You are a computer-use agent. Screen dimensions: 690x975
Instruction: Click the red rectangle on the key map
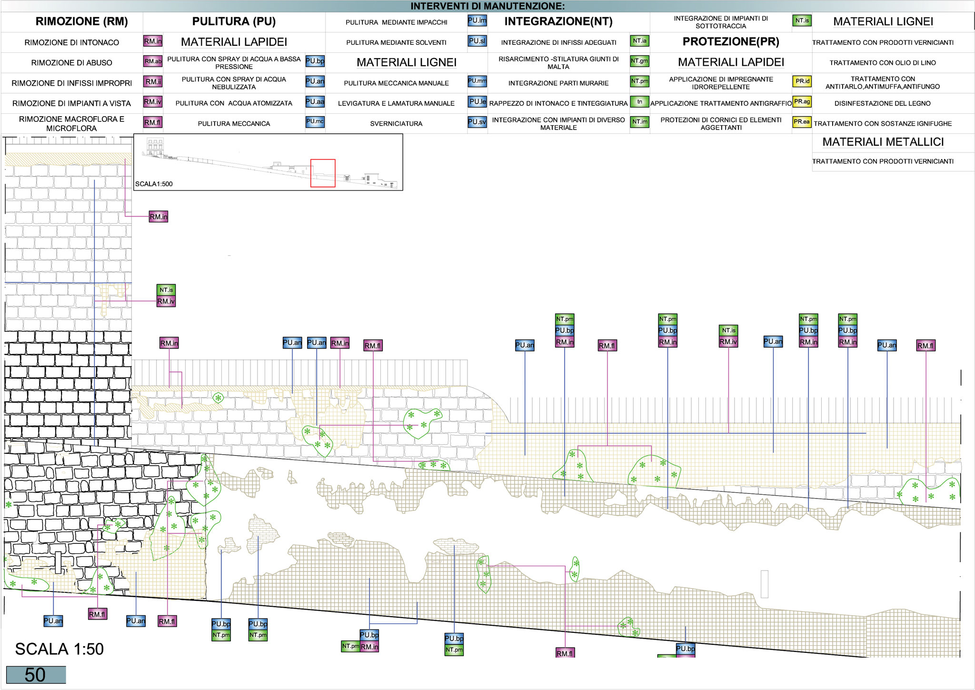coord(323,173)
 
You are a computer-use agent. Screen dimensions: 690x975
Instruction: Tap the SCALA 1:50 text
coord(60,649)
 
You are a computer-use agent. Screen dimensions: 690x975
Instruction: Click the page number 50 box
coord(36,675)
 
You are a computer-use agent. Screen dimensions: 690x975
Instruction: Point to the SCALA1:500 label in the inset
coord(154,184)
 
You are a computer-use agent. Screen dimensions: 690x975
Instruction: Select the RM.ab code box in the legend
coord(153,61)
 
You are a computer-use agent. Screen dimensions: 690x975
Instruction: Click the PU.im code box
coord(477,20)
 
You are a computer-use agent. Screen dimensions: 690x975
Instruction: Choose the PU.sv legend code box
coord(477,122)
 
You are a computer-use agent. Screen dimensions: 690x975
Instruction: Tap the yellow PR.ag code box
coord(802,101)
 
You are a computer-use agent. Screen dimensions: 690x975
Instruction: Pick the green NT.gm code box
coord(639,61)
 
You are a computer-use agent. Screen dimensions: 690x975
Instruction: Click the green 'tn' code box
coord(639,102)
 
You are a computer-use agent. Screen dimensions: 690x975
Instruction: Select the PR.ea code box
coord(802,122)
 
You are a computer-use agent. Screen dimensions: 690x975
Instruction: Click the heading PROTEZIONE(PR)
coord(731,42)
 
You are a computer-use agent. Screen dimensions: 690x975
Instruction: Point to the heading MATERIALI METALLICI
coord(883,142)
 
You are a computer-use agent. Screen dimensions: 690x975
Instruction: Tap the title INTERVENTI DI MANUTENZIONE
coord(487,6)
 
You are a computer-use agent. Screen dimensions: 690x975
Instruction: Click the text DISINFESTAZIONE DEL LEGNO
coord(883,103)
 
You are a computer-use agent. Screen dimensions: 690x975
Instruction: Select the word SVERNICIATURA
coord(396,124)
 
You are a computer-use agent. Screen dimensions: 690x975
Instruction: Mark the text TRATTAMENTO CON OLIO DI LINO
coord(883,63)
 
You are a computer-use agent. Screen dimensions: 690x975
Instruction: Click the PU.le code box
coord(477,101)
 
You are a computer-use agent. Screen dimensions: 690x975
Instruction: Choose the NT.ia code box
coord(639,41)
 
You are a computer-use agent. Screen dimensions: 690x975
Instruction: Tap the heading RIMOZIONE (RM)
coord(82,21)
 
